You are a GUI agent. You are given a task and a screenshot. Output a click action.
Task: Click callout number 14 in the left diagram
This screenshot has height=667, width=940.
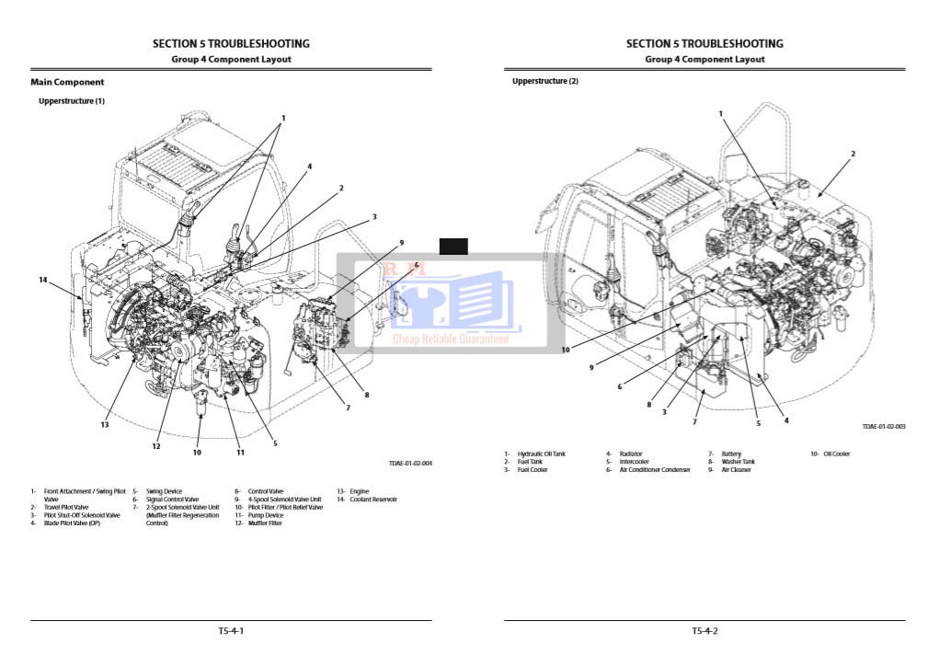click(42, 280)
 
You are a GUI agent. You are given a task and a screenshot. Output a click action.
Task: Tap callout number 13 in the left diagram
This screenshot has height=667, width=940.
click(105, 424)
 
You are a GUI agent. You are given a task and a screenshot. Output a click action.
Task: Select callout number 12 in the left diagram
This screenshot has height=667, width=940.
click(156, 446)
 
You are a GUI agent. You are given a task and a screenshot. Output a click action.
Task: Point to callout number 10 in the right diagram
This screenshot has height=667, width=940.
click(566, 350)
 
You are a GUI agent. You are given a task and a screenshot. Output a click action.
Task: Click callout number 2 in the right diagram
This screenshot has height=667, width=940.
click(853, 154)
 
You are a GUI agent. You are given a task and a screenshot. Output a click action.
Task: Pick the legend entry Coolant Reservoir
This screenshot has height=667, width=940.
click(373, 500)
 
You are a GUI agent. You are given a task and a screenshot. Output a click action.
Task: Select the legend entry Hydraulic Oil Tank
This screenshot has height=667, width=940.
click(541, 454)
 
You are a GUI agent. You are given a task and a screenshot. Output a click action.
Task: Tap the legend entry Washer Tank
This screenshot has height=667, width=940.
click(737, 462)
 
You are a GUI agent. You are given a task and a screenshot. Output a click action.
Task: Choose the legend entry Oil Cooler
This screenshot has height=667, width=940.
click(836, 454)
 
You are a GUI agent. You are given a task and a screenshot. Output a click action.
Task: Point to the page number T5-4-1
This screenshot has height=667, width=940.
click(231, 631)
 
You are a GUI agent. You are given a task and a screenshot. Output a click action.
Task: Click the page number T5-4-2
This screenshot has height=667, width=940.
click(705, 631)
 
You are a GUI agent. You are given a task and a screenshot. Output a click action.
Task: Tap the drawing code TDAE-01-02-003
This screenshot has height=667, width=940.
click(884, 426)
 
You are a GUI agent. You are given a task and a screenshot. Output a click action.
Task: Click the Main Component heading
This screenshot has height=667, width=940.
click(67, 82)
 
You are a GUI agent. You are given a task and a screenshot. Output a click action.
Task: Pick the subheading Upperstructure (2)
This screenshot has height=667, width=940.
click(545, 81)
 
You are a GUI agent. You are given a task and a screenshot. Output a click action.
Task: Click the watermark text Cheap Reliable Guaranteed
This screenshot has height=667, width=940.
click(451, 339)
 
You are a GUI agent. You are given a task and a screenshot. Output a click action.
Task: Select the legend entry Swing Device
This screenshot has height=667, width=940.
click(164, 491)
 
